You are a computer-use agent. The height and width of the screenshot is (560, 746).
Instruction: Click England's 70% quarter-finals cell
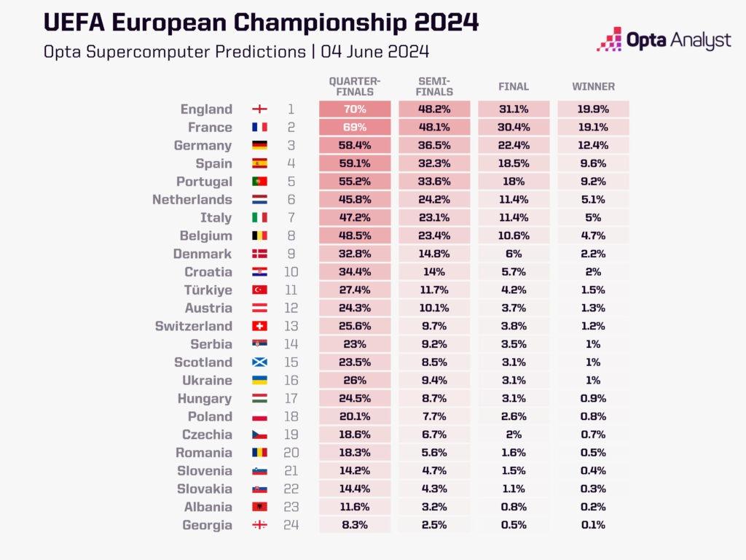(x=355, y=109)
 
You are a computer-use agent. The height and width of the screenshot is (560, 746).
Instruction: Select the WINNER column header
(x=593, y=86)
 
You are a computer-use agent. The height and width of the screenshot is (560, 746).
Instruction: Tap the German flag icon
(x=259, y=146)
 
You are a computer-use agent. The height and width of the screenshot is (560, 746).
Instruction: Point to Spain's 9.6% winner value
(x=593, y=163)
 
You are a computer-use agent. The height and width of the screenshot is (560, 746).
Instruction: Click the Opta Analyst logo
(x=663, y=39)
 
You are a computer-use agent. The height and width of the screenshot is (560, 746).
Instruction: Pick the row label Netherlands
(x=192, y=200)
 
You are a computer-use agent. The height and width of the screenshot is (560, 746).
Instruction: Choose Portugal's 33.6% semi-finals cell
(x=435, y=182)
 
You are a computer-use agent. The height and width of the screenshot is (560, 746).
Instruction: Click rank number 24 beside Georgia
(x=291, y=525)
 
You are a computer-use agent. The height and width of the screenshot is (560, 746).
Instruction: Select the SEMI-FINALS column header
(x=435, y=86)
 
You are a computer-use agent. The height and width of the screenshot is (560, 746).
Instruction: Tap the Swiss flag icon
(x=259, y=326)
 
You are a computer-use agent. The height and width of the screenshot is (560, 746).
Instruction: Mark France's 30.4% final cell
(x=514, y=128)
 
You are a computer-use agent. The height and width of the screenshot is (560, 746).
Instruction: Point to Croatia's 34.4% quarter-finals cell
(x=355, y=272)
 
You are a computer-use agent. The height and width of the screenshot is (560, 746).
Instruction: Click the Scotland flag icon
(x=259, y=362)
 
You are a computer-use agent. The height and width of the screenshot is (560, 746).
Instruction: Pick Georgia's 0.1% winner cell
(x=593, y=525)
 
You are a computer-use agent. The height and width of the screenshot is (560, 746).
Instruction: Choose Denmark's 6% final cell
(x=514, y=254)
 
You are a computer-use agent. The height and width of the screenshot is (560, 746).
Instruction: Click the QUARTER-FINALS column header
(x=355, y=86)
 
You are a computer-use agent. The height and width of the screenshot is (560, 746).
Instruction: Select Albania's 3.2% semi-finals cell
(x=435, y=507)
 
